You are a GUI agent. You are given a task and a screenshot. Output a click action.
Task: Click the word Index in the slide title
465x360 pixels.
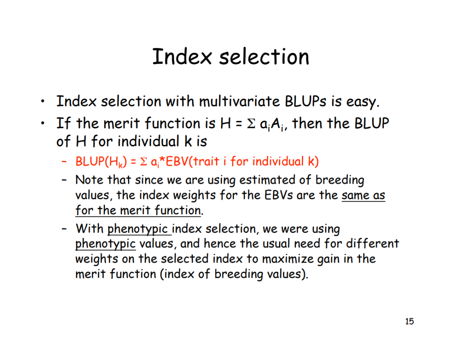point(182,56)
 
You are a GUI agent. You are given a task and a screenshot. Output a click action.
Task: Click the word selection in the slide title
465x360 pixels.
point(264,56)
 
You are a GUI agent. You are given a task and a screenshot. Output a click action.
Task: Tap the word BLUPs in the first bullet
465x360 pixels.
point(305,102)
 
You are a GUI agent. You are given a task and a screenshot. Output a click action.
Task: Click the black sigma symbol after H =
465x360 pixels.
point(251,124)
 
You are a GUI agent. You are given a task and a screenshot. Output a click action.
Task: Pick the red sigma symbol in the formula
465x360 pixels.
point(143,162)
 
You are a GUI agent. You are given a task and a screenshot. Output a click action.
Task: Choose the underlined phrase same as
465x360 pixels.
point(363,196)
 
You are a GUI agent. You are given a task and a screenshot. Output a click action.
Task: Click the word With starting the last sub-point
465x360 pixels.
point(90,229)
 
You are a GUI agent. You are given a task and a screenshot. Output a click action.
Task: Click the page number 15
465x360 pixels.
point(409,321)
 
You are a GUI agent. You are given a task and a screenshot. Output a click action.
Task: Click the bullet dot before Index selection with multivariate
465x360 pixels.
point(43,102)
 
